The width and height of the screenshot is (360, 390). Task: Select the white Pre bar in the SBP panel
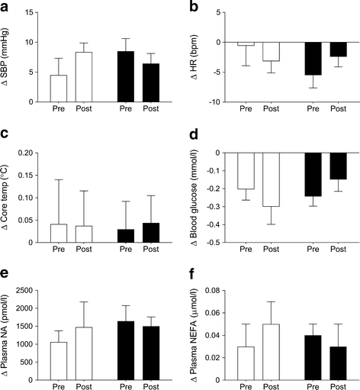click(x=59, y=89)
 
